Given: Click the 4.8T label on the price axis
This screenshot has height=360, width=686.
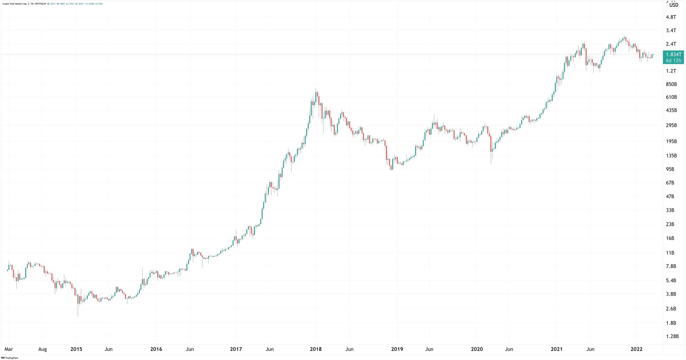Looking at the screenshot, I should pyautogui.click(x=671, y=17).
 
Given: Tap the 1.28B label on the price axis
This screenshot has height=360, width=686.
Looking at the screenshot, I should pyautogui.click(x=672, y=336).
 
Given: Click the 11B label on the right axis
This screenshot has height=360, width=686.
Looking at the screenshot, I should pyautogui.click(x=670, y=253).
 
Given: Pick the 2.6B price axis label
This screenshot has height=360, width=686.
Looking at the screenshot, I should pyautogui.click(x=671, y=309).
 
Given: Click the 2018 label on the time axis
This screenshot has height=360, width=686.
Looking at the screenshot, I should pyautogui.click(x=315, y=349).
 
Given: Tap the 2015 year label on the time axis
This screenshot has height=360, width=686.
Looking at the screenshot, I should pyautogui.click(x=76, y=349).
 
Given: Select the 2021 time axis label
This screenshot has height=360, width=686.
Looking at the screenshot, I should pyautogui.click(x=556, y=349).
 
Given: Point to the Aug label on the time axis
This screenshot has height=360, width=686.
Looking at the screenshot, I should pyautogui.click(x=43, y=349).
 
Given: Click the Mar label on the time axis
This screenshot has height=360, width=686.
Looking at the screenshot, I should pyautogui.click(x=9, y=349).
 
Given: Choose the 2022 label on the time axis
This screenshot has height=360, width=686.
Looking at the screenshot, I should pyautogui.click(x=636, y=349).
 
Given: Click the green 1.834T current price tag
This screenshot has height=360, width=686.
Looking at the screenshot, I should pyautogui.click(x=673, y=54).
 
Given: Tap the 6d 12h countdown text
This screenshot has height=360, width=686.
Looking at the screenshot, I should pyautogui.click(x=673, y=61).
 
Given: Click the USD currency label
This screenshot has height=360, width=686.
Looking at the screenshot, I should pyautogui.click(x=673, y=5).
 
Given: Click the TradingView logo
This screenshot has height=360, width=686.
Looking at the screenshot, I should pyautogui.click(x=10, y=357).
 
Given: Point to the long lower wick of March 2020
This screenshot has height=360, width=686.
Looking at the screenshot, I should pyautogui.click(x=491, y=159).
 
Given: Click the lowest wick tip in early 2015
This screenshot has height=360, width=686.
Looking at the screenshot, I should pyautogui.click(x=78, y=315).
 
